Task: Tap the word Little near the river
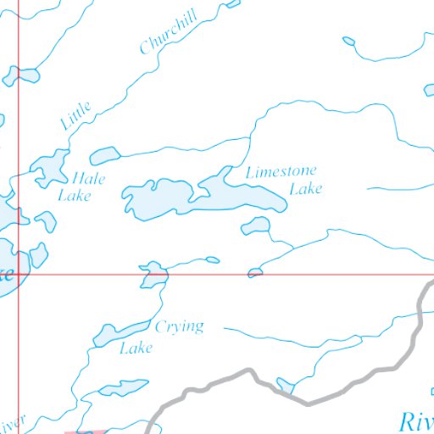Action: (75, 115)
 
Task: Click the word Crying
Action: (179, 327)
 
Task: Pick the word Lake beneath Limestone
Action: (305, 189)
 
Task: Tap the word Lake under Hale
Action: (74, 196)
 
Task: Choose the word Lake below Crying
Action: (136, 348)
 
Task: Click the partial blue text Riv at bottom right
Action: (416, 420)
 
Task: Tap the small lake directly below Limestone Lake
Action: (255, 225)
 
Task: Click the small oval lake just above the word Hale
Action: (104, 155)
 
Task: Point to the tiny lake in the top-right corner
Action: (348, 40)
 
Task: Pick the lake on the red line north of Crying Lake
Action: (154, 275)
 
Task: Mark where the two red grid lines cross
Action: (19, 275)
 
